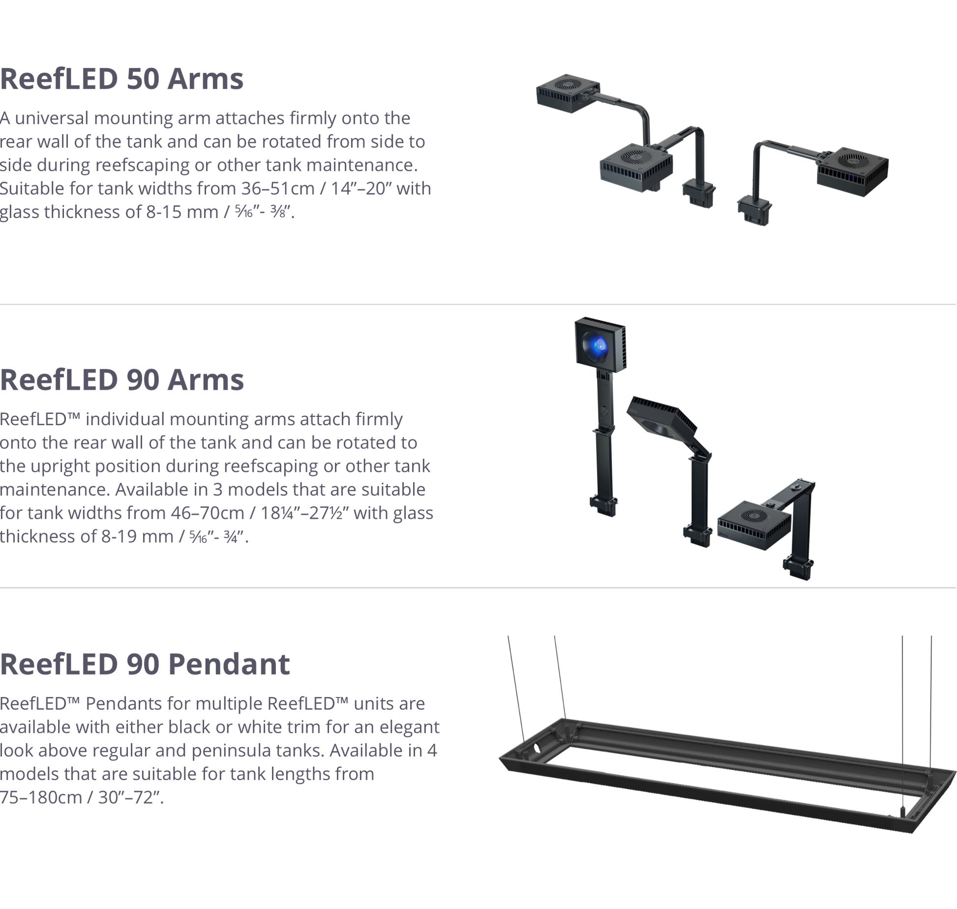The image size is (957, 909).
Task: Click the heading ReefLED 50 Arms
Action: pyautogui.click(x=121, y=79)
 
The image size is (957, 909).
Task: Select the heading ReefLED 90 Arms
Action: pyautogui.click(x=122, y=379)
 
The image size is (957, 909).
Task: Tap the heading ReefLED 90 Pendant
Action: pyautogui.click(x=145, y=664)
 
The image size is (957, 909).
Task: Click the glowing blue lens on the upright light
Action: pyautogui.click(x=599, y=345)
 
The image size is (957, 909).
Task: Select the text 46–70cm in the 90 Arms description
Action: pyautogui.click(x=208, y=513)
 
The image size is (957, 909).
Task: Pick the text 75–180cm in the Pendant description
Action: pyautogui.click(x=41, y=797)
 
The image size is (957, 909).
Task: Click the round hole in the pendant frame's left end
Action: pyautogui.click(x=537, y=749)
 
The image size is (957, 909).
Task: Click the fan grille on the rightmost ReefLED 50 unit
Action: pyautogui.click(x=853, y=160)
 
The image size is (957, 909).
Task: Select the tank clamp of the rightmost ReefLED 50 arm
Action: pyautogui.click(x=754, y=210)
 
